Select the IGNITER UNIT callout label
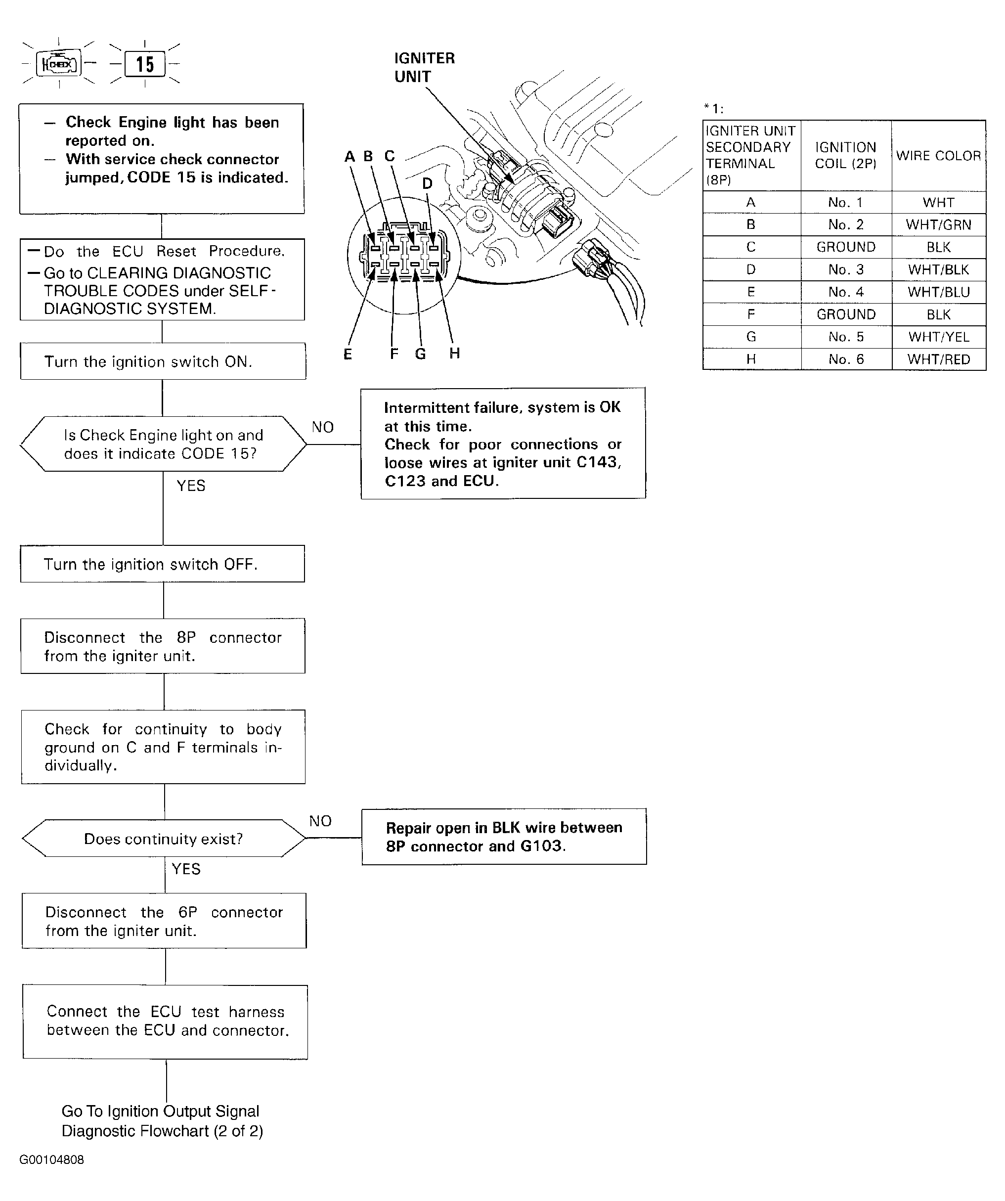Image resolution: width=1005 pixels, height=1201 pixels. [424, 67]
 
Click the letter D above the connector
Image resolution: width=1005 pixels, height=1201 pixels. [427, 183]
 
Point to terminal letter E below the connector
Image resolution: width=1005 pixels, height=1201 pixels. [348, 354]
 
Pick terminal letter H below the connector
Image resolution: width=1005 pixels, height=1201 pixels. [454, 353]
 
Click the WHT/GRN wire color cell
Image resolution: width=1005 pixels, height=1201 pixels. [939, 225]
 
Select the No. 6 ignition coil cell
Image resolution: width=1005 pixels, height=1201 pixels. [846, 359]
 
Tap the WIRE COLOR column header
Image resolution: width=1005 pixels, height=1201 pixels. [939, 156]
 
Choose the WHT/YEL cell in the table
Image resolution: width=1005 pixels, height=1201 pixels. [939, 337]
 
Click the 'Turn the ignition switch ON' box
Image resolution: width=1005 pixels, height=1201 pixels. [163, 361]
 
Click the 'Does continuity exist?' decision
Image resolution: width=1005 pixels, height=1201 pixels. [164, 839]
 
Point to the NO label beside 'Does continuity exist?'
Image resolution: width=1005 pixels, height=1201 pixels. [320, 821]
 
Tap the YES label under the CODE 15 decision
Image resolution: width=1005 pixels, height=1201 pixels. [191, 486]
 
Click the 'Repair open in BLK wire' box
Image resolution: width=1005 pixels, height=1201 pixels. [504, 836]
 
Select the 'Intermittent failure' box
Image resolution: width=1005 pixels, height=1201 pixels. [503, 443]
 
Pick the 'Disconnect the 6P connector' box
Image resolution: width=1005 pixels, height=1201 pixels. [164, 921]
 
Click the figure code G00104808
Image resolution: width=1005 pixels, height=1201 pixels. [51, 1160]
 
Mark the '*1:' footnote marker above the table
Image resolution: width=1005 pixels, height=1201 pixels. [713, 108]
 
